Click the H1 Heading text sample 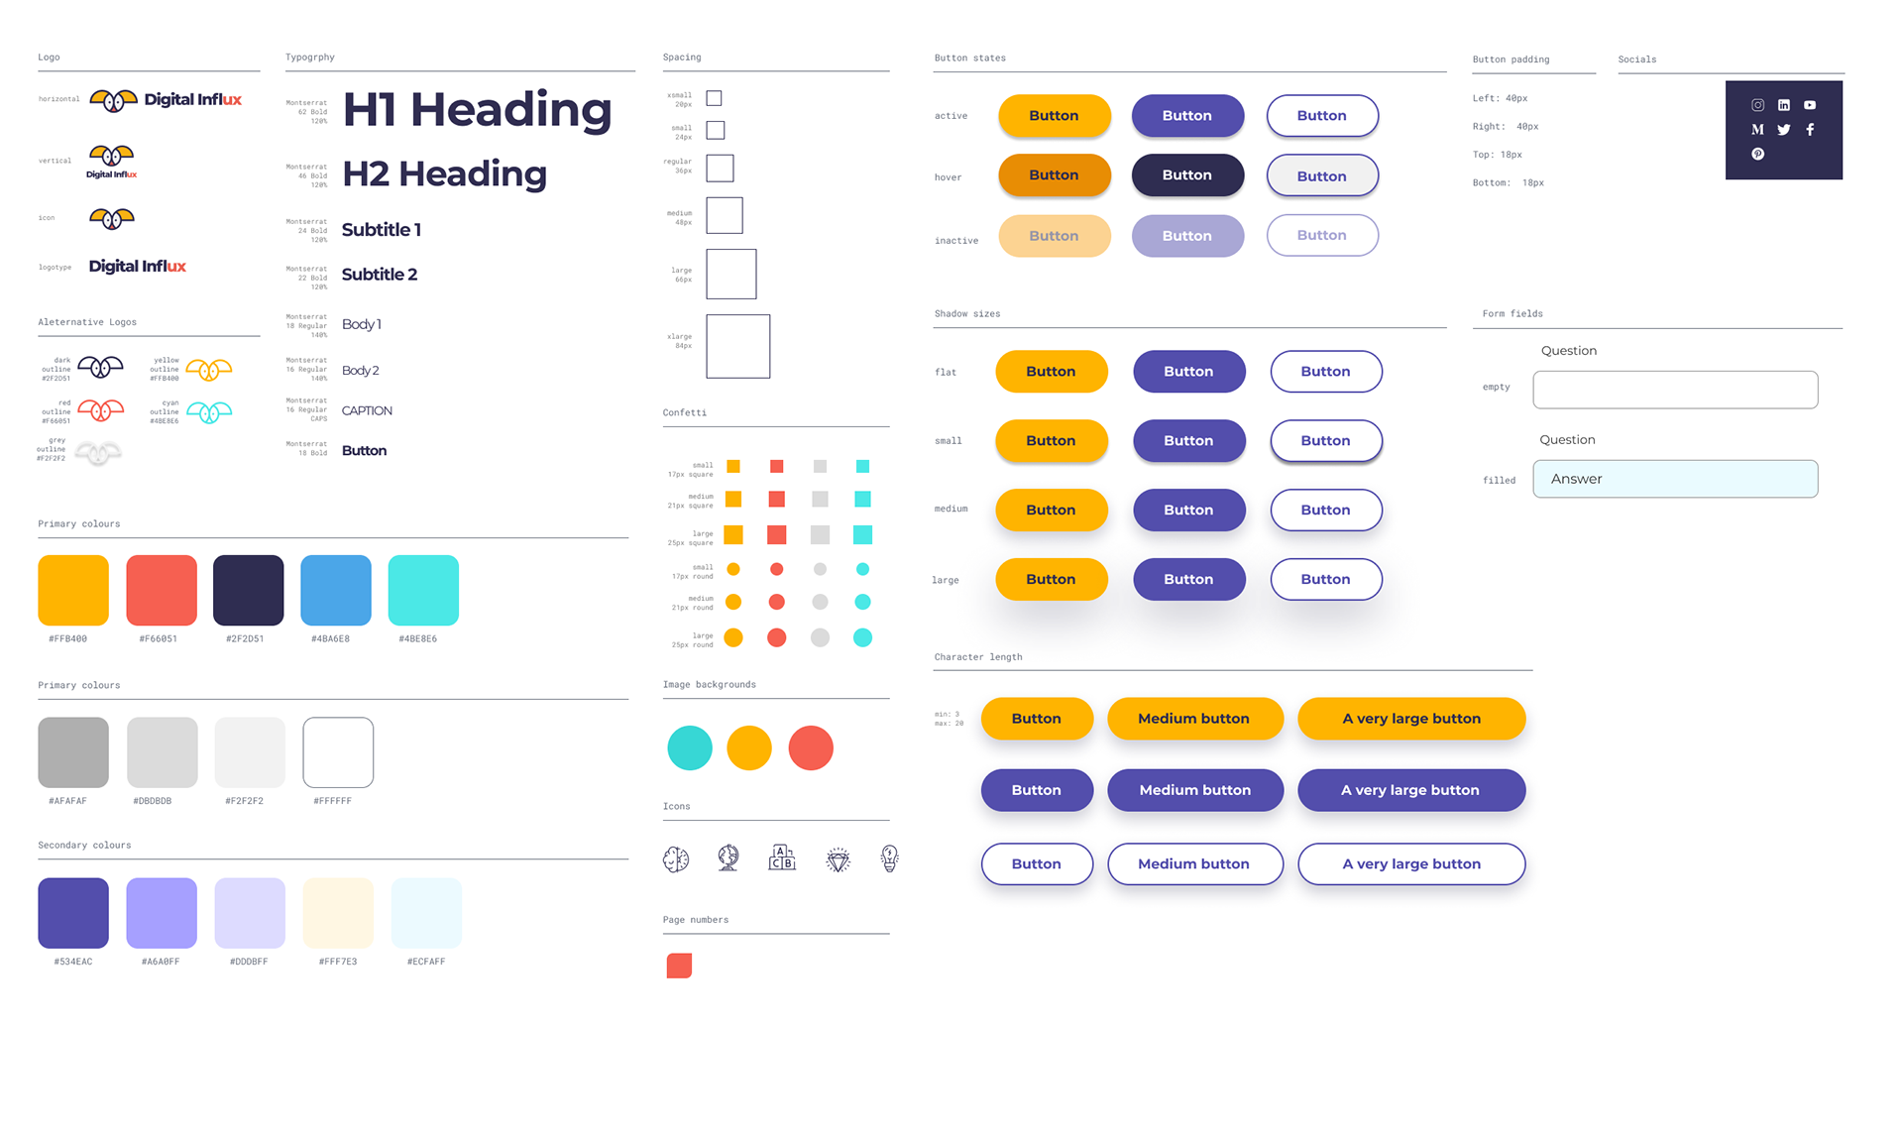[x=477, y=109]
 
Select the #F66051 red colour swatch [x=162, y=591]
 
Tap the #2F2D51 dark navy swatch [x=248, y=591]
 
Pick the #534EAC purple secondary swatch [x=73, y=913]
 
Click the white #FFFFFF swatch [x=338, y=752]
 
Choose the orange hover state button [x=1054, y=175]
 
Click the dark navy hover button [x=1187, y=175]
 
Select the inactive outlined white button [x=1322, y=236]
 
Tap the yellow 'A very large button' [x=1411, y=719]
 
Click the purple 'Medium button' [x=1195, y=790]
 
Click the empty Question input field [x=1675, y=390]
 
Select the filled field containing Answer [x=1675, y=479]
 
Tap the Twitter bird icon [x=1784, y=130]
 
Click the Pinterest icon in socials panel [x=1757, y=154]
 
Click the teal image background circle [x=690, y=747]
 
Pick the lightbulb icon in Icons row [x=889, y=858]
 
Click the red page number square [x=679, y=966]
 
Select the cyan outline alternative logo [x=209, y=411]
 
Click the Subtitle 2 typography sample [x=380, y=275]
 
